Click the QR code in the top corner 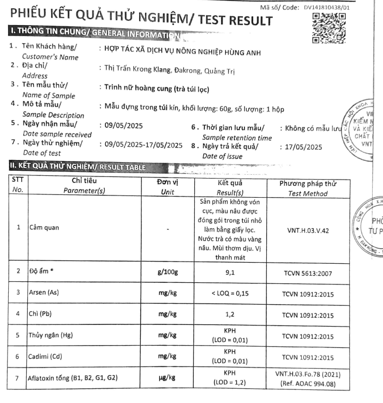(328, 28)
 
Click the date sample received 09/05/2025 (123, 126)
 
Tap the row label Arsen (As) (44, 293)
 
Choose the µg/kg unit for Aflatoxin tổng (166, 378)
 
